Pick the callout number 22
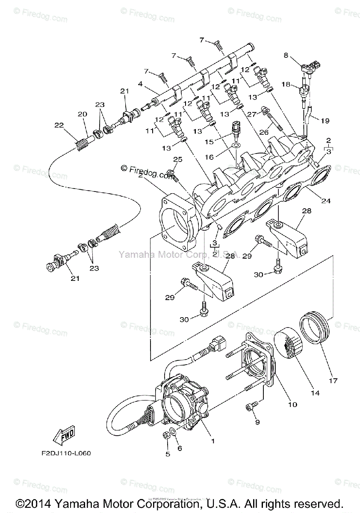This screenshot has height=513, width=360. point(59,125)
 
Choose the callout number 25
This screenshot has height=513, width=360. point(178,159)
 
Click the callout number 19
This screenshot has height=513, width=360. point(325,121)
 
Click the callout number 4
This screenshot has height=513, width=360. point(140,85)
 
